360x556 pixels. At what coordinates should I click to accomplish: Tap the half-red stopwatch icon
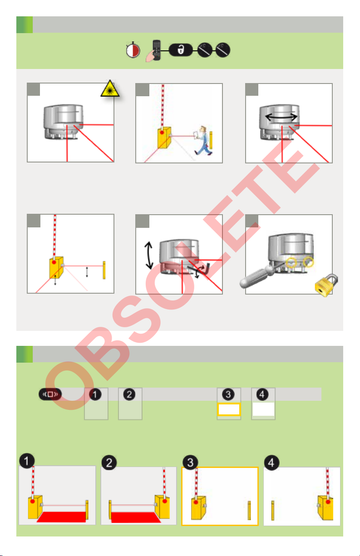(x=133, y=50)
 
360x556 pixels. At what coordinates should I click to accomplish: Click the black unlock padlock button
(x=181, y=50)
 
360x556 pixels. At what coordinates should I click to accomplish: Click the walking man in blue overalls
(x=203, y=141)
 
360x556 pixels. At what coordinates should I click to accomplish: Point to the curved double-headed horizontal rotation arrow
(x=281, y=117)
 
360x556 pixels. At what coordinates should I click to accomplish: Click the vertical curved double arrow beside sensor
(x=149, y=256)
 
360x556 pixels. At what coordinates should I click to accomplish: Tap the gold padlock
(x=326, y=285)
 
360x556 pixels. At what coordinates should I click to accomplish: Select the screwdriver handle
(x=256, y=277)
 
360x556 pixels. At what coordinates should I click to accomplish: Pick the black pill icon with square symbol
(x=50, y=394)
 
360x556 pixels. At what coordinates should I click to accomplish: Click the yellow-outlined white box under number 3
(x=229, y=409)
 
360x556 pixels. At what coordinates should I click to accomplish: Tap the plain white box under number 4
(x=263, y=409)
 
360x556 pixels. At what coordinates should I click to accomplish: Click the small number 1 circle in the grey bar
(x=95, y=394)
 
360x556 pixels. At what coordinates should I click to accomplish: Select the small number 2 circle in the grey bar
(x=129, y=394)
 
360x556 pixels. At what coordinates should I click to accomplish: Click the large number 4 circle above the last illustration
(x=271, y=463)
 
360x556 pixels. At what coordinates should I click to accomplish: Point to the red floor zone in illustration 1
(x=62, y=517)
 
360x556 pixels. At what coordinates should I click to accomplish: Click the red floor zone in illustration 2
(x=136, y=517)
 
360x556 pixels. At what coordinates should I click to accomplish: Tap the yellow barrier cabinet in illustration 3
(x=198, y=507)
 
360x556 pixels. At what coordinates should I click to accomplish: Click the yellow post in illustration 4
(x=272, y=510)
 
